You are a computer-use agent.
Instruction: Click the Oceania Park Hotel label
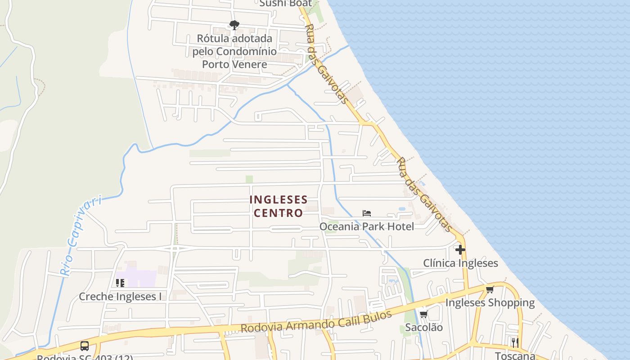coord(366,226)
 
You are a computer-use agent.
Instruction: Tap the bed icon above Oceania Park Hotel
coord(367,213)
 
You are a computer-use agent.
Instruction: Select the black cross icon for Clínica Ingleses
coord(460,250)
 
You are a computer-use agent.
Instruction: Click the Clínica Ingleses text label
coord(460,263)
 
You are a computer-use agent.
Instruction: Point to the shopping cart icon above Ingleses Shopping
coord(490,289)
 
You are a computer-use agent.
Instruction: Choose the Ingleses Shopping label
coord(490,302)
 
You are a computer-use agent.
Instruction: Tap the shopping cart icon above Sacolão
coord(423,314)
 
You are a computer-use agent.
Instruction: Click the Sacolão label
coord(423,327)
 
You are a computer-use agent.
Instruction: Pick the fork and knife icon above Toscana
coord(515,342)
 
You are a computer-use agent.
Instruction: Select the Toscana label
coord(515,355)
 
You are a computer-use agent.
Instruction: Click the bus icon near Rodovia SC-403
coord(85,346)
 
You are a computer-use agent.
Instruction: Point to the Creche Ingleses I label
coord(120,297)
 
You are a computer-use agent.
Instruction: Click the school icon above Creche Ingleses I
coord(120,283)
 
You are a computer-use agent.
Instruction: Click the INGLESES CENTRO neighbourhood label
coord(279,206)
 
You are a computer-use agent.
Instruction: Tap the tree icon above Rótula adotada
coord(234,25)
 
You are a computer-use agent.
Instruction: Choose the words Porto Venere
coord(234,64)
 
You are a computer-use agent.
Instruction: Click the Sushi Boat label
coord(286,3)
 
